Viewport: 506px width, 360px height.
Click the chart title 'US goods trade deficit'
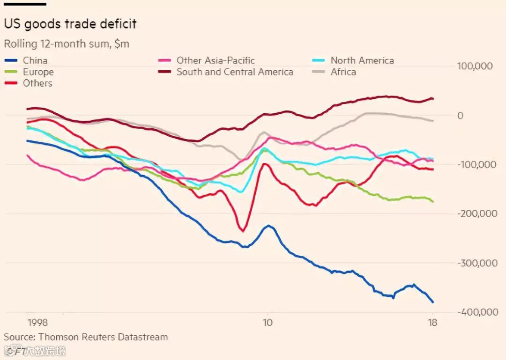click(70, 24)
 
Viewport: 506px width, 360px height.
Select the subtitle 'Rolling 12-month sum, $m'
click(67, 44)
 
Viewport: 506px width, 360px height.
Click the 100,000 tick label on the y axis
click(475, 66)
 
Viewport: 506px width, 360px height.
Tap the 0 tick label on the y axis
click(460, 116)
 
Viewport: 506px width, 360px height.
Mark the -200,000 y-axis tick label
click(476, 214)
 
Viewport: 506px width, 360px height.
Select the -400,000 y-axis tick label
click(477, 312)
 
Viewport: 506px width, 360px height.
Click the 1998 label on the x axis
click(37, 323)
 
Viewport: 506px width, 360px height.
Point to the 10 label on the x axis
click(267, 323)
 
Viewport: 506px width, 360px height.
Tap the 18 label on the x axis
click(433, 323)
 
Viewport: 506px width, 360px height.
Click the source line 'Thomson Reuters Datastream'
click(86, 337)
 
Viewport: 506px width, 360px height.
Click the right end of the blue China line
click(433, 302)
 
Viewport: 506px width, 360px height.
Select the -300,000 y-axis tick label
click(477, 263)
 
